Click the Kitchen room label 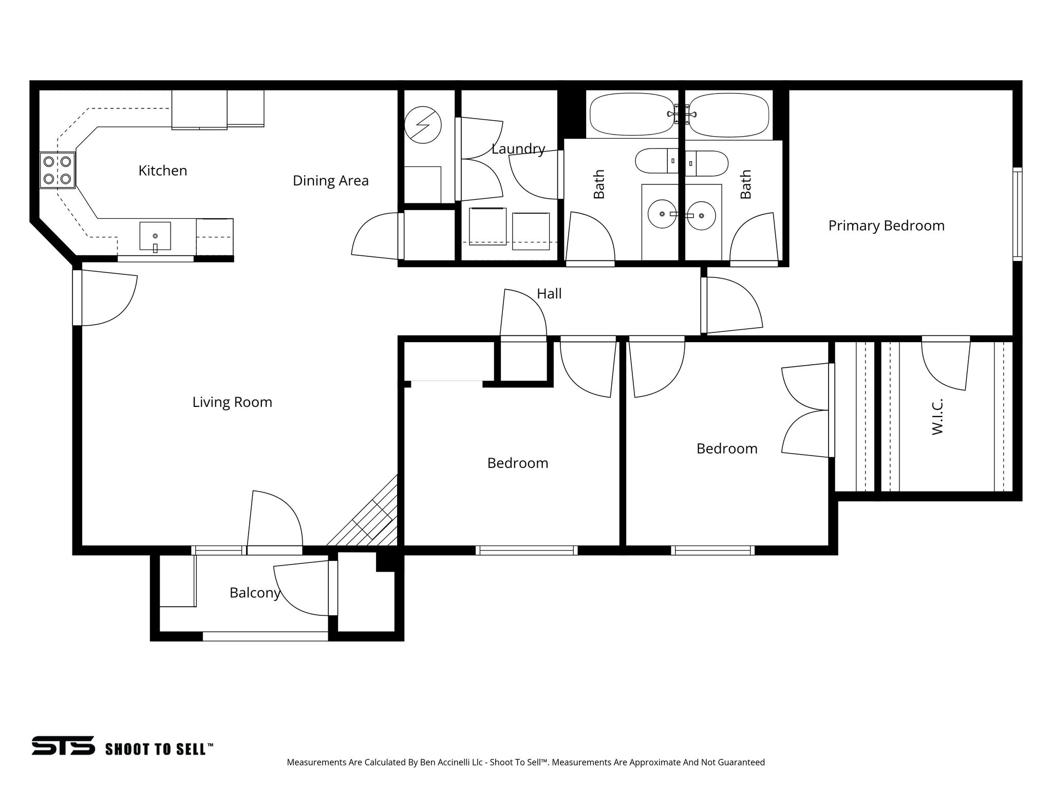point(162,171)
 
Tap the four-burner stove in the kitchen point(57,170)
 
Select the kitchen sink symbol point(155,236)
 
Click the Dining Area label point(330,181)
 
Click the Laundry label point(518,149)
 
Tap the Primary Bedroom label point(886,226)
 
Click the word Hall point(549,294)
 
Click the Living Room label point(232,402)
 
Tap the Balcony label point(254,593)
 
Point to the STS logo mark point(63,745)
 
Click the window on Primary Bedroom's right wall point(1017,214)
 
